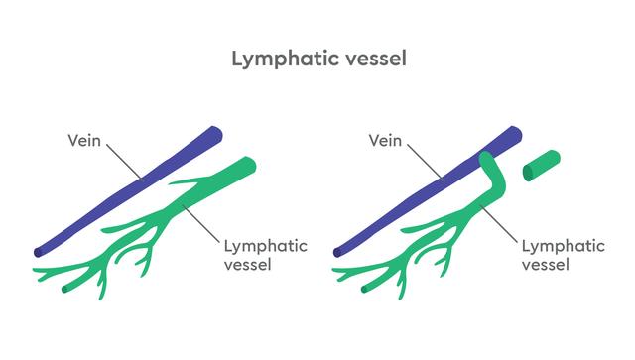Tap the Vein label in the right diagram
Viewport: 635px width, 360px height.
(385, 140)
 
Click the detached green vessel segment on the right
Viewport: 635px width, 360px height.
(542, 165)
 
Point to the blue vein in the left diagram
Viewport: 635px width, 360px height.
(129, 190)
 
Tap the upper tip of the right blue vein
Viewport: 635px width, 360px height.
(514, 132)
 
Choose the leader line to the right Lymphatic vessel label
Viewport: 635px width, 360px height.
(501, 220)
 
